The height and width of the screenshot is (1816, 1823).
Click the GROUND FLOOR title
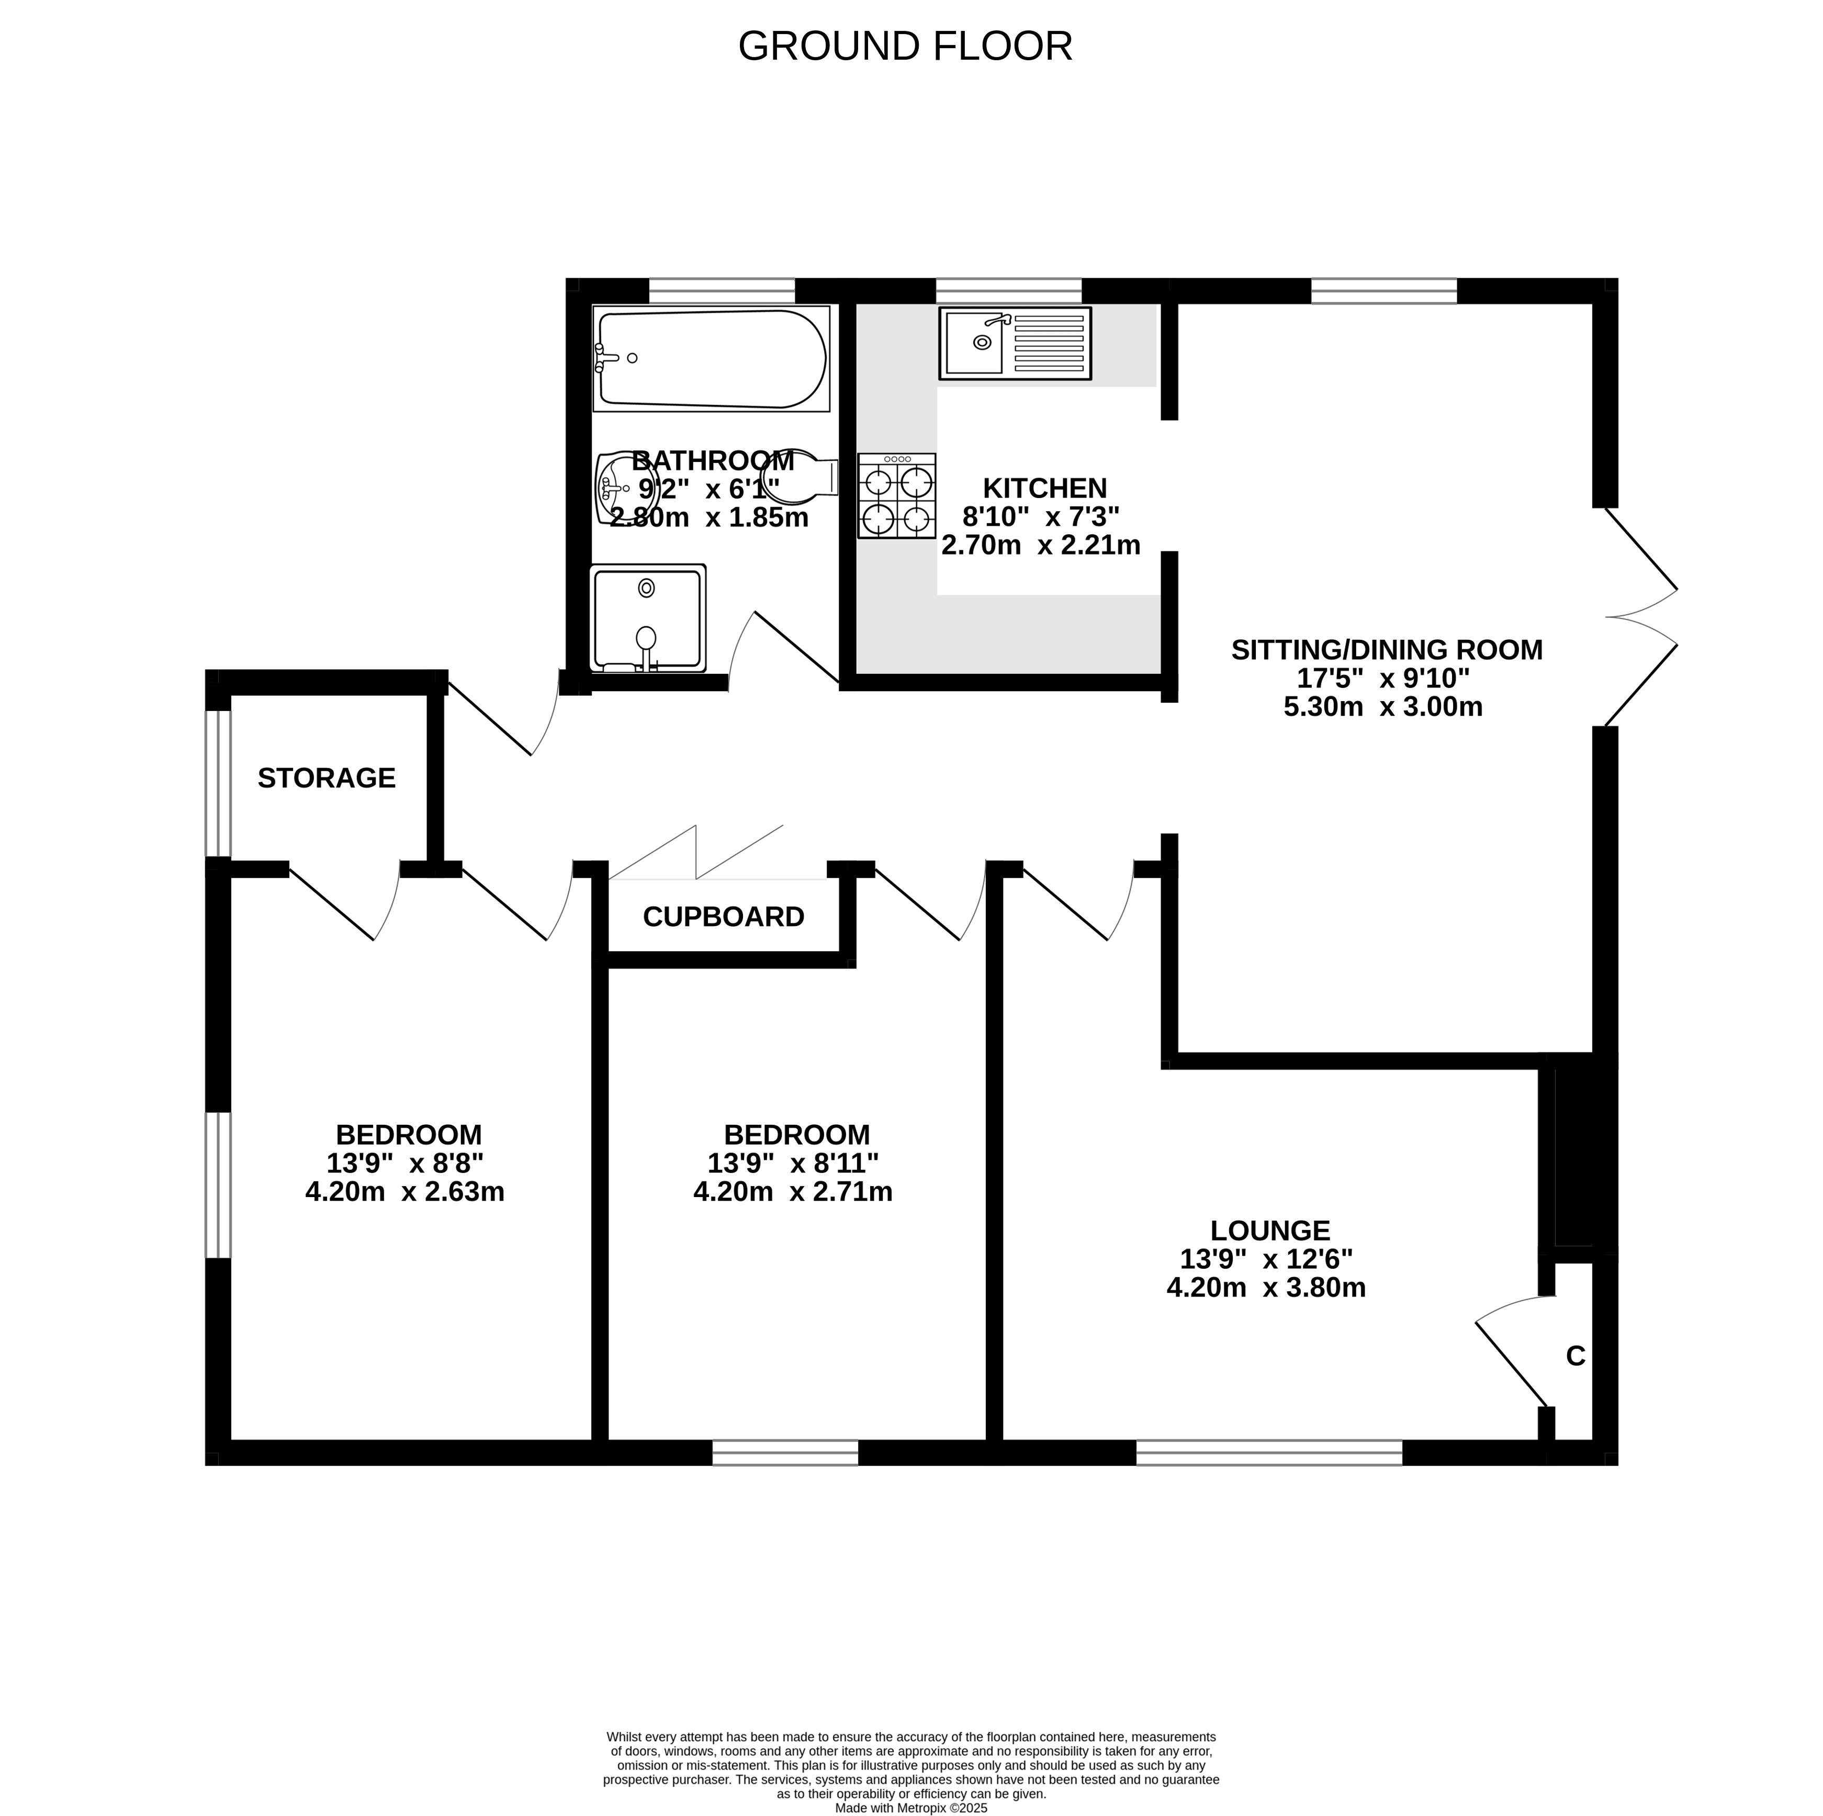tap(905, 46)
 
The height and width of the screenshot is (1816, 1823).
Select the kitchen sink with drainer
tap(1015, 343)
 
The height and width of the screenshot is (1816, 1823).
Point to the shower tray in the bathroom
tap(647, 618)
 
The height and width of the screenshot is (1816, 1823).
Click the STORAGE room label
tap(327, 779)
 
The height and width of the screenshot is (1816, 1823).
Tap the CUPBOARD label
tap(724, 917)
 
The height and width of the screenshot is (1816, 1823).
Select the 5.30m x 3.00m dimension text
tap(1383, 707)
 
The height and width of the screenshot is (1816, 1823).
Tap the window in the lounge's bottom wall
tap(1269, 1452)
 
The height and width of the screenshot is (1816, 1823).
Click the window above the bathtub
tap(723, 290)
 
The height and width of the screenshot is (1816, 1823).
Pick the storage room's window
tap(218, 783)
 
